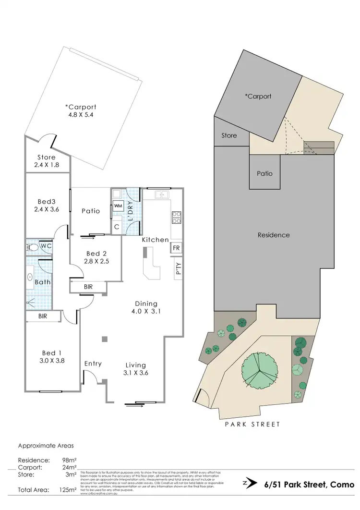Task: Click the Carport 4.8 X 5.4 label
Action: pos(81,111)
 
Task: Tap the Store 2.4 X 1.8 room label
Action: pos(47,161)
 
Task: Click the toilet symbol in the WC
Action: pos(33,247)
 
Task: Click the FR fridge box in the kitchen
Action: pos(176,248)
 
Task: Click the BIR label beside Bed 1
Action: pos(43,316)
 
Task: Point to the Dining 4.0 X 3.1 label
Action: pos(146,307)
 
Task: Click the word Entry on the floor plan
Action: pos(93,364)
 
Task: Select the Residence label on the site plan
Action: pos(274,235)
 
